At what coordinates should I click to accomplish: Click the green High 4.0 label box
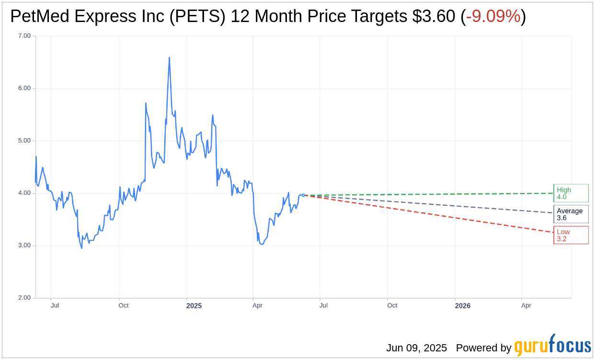(x=571, y=193)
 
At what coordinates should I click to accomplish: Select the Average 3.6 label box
(x=571, y=214)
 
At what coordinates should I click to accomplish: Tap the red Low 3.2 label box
(x=571, y=235)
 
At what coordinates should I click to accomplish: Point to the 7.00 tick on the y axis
(x=24, y=36)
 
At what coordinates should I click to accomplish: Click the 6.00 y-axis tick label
(x=24, y=88)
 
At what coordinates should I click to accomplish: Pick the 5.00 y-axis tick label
(x=24, y=141)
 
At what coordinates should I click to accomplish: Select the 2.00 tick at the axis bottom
(x=24, y=298)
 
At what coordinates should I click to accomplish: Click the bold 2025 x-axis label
(x=194, y=306)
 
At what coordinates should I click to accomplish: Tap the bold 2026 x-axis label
(x=462, y=306)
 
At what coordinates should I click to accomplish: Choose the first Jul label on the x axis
(x=55, y=305)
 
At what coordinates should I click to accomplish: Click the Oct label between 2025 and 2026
(x=392, y=305)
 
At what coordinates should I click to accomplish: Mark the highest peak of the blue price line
(x=169, y=58)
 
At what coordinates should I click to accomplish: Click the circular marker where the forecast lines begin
(x=303, y=195)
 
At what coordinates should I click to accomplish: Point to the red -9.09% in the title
(x=493, y=17)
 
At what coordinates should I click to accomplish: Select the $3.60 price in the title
(x=433, y=17)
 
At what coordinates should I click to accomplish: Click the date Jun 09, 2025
(x=416, y=348)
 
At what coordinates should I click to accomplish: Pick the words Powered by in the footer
(x=483, y=348)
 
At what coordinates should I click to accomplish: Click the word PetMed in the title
(x=38, y=17)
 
